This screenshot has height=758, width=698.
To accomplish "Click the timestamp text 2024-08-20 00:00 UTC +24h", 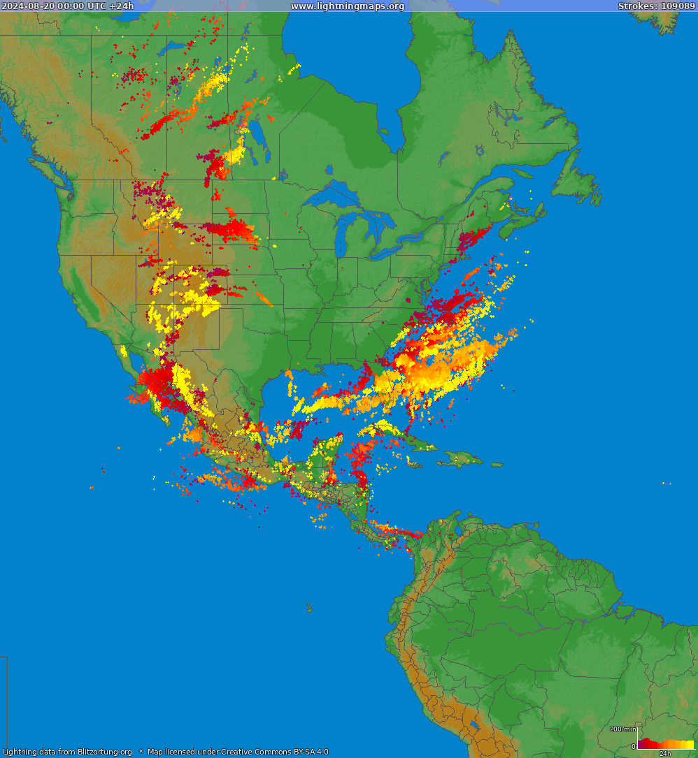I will [68, 6].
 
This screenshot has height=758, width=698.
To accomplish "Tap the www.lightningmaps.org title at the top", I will [348, 6].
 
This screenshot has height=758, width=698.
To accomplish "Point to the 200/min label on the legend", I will [623, 729].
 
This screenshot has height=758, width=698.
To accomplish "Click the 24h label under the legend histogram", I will [665, 753].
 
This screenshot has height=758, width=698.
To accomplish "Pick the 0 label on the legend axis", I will [634, 746].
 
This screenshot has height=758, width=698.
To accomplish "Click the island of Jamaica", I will [416, 464].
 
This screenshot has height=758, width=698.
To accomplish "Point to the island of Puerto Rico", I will [497, 465].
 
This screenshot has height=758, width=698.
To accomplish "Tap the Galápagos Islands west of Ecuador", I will [308, 609].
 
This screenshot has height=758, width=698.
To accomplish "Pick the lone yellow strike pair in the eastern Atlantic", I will [667, 483].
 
